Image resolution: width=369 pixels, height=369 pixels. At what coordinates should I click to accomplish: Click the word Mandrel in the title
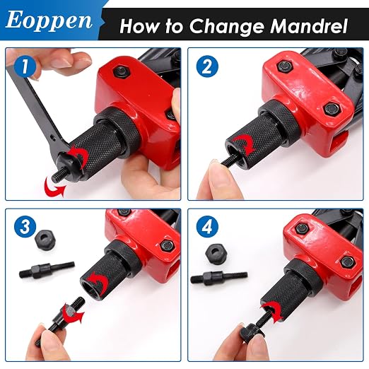pyautogui.click(x=309, y=25)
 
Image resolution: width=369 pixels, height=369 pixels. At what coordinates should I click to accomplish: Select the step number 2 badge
pyautogui.click(x=207, y=66)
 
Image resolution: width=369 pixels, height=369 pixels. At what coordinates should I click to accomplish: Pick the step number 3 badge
pyautogui.click(x=25, y=227)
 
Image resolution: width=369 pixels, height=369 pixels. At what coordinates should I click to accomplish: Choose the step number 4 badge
pyautogui.click(x=207, y=227)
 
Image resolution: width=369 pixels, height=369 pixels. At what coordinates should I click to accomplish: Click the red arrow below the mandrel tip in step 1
pyautogui.click(x=54, y=188)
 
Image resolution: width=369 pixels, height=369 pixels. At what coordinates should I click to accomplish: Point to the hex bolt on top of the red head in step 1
pyautogui.click(x=122, y=71)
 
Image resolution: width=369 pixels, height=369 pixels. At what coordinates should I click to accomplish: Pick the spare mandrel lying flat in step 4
pyautogui.click(x=219, y=277)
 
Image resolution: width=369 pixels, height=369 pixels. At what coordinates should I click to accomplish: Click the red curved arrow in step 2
pyautogui.click(x=245, y=144)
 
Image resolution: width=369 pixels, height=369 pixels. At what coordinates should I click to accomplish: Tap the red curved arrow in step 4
pyautogui.click(x=274, y=311)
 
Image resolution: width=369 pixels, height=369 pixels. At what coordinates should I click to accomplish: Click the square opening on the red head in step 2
pyautogui.click(x=340, y=141)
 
